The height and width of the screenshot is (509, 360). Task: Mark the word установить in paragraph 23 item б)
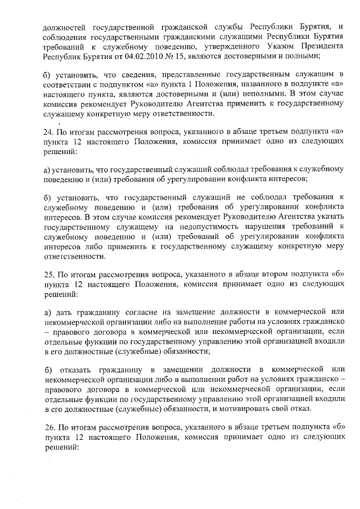(78, 74)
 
